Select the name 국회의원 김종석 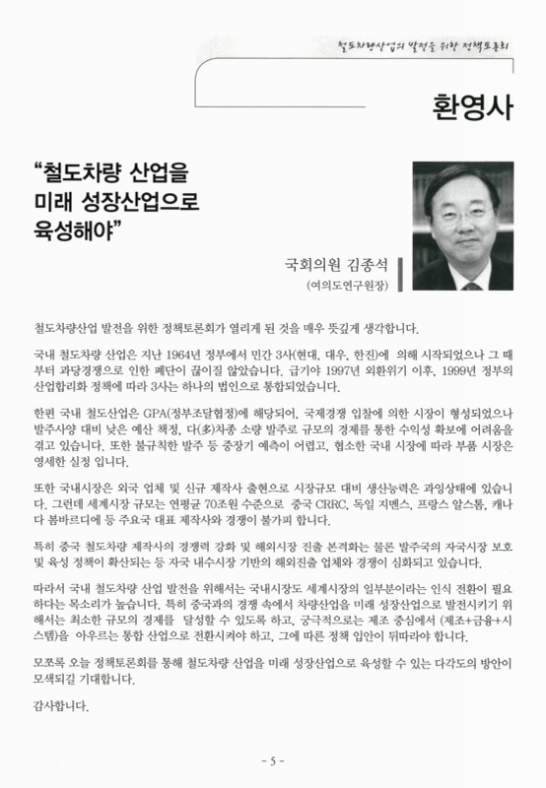[329, 266]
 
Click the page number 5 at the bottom [273, 760]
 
